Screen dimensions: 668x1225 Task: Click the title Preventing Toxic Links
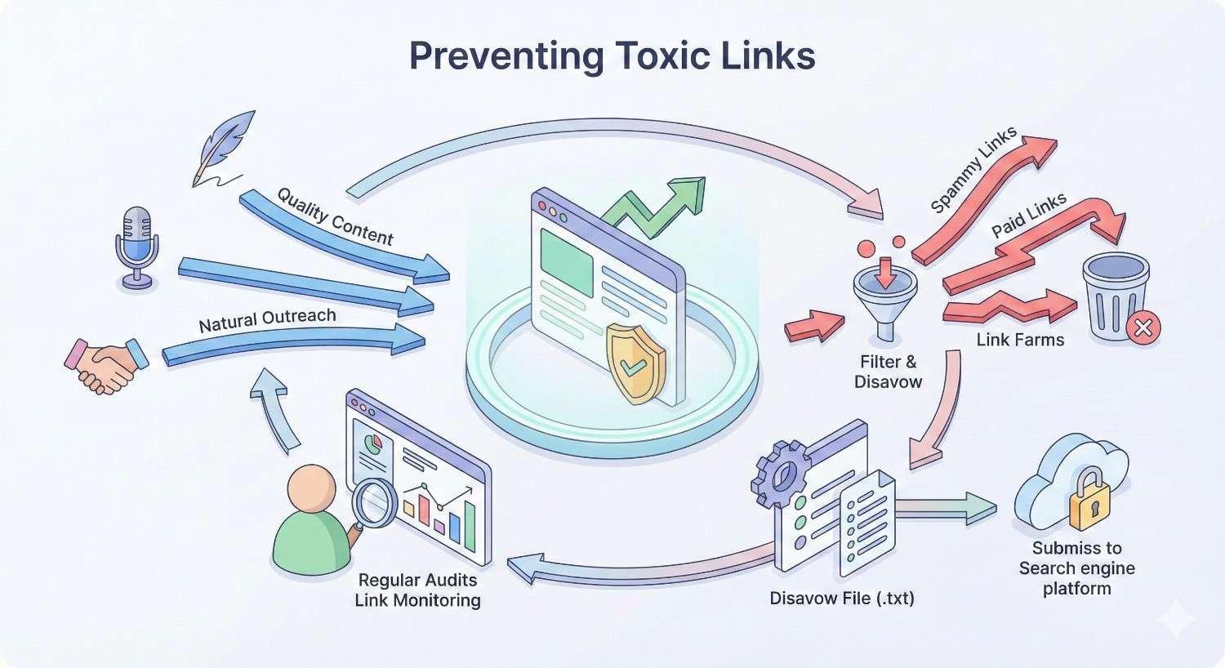tap(612, 56)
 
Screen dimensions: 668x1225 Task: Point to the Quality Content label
tap(335, 216)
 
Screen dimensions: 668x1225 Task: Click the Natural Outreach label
tap(267, 320)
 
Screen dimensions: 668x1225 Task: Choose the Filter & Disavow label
tap(888, 372)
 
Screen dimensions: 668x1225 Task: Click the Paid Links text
tap(1029, 215)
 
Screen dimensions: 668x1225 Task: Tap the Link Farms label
tap(1020, 340)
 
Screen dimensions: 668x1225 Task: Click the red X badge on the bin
tap(1143, 327)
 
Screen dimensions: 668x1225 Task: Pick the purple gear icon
tap(781, 472)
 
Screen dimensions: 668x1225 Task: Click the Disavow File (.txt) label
tap(842, 599)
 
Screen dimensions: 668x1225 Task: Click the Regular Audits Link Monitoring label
tap(417, 590)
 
